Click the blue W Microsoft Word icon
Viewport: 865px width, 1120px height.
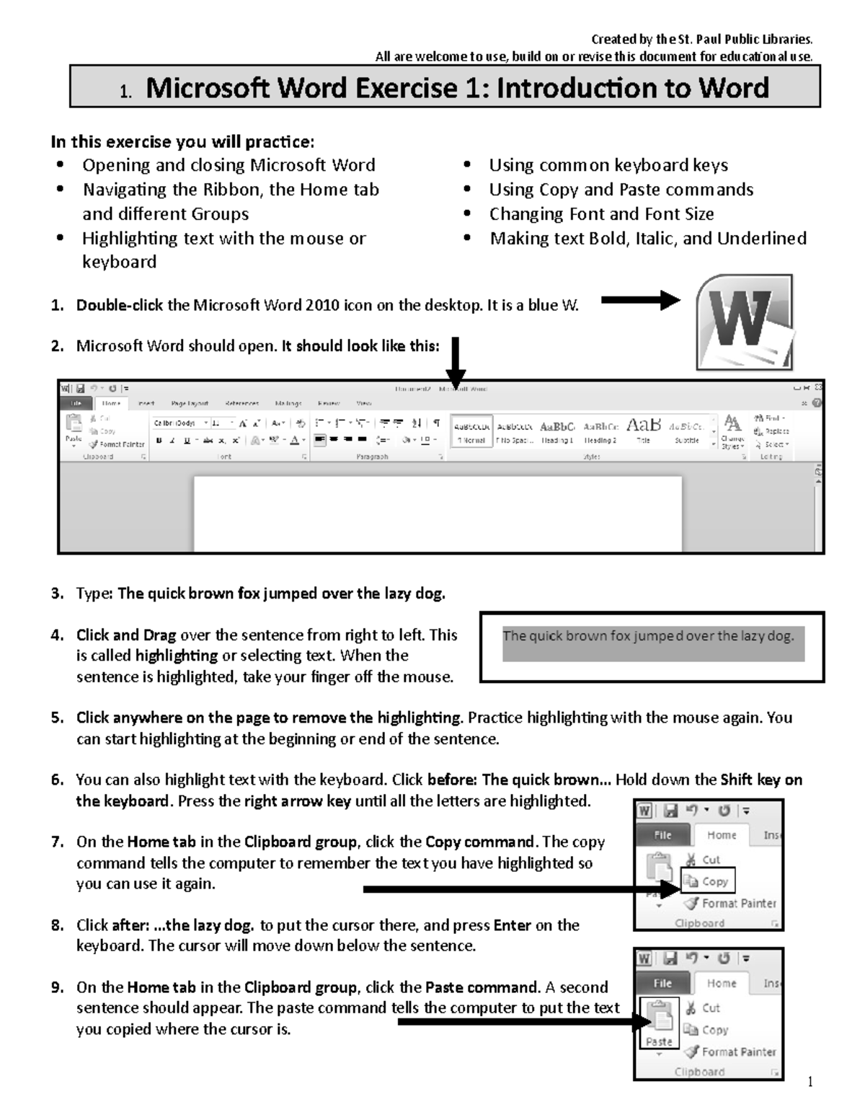coord(745,322)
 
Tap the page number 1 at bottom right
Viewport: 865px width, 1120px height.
coord(810,1081)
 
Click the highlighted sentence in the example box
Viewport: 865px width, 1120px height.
coord(648,636)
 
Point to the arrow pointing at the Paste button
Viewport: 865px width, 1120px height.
coord(519,1021)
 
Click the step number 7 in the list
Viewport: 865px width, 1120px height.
coord(57,842)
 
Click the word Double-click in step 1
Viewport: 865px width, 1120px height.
coord(120,306)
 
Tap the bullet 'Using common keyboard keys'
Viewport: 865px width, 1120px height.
coord(608,165)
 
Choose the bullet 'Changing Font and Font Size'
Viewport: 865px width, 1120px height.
coord(601,214)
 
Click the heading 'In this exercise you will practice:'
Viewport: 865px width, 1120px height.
coord(182,141)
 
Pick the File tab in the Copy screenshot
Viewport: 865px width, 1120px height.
coord(662,835)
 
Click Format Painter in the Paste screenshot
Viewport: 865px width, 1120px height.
coord(738,1052)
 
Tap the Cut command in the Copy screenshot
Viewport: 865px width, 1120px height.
coord(711,860)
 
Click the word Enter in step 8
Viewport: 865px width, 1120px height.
coord(512,925)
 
